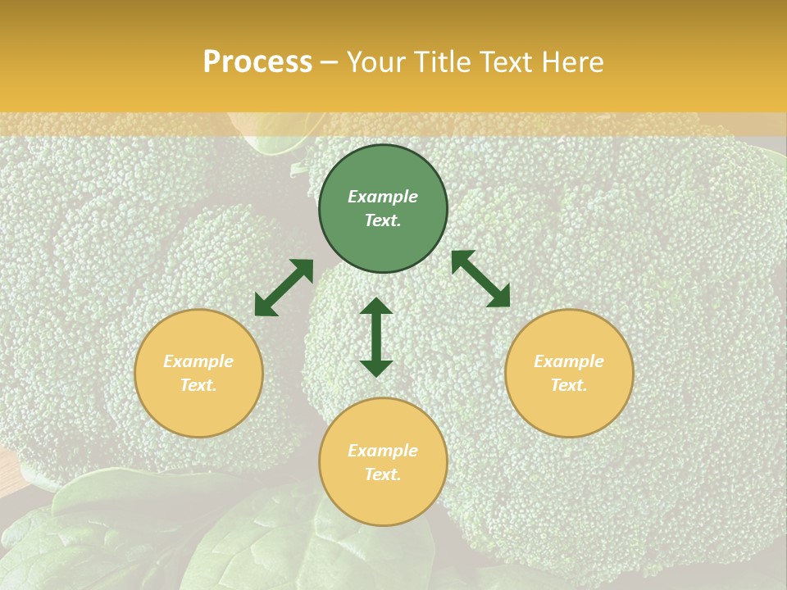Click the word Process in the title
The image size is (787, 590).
pos(257,62)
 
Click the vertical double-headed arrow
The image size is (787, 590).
pos(376,338)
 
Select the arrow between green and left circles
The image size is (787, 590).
pos(284,288)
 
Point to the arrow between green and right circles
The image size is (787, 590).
pos(480,279)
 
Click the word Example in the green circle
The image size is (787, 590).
pos(383,197)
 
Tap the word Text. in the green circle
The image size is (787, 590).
pos(383,220)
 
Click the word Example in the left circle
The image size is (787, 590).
pos(198,361)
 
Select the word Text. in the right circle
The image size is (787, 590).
pos(569,385)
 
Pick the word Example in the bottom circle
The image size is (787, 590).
pos(383,451)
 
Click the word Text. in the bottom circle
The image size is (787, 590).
pos(383,474)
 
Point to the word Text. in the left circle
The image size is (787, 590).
pos(198,385)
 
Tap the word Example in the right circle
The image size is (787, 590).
pos(569,361)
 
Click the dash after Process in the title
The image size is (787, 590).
pos(330,63)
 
